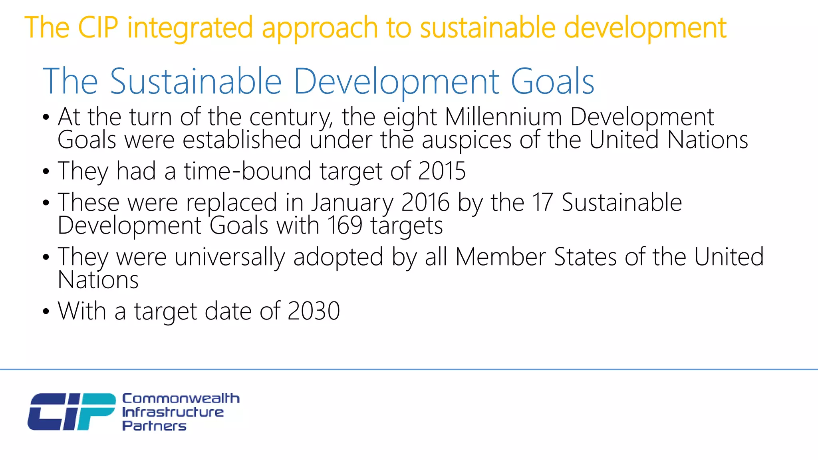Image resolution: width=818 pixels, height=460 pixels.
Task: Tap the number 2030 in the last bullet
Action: [x=314, y=311]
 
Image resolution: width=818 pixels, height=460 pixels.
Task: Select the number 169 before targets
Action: [x=345, y=226]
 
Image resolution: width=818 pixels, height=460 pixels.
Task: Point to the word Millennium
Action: [x=503, y=117]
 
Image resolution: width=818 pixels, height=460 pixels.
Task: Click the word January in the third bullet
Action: [x=352, y=203]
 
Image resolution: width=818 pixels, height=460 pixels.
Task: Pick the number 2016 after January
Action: [x=425, y=202]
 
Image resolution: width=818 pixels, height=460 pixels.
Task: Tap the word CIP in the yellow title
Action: [x=98, y=28]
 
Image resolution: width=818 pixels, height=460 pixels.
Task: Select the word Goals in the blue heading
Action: [x=552, y=81]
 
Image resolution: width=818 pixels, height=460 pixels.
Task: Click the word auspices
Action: [x=467, y=141]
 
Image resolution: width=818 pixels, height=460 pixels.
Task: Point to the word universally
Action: [x=230, y=257]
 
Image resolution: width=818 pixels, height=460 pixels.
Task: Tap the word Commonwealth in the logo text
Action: [x=181, y=398]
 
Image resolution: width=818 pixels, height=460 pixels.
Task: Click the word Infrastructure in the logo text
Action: [x=173, y=412]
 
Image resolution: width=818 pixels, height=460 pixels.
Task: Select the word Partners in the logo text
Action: [x=154, y=426]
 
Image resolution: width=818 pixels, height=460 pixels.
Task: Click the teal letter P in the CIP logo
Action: [x=95, y=411]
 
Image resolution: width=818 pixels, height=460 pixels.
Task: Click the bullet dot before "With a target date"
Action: [x=46, y=311]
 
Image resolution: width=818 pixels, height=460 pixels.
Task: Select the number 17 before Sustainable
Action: [x=542, y=202]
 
